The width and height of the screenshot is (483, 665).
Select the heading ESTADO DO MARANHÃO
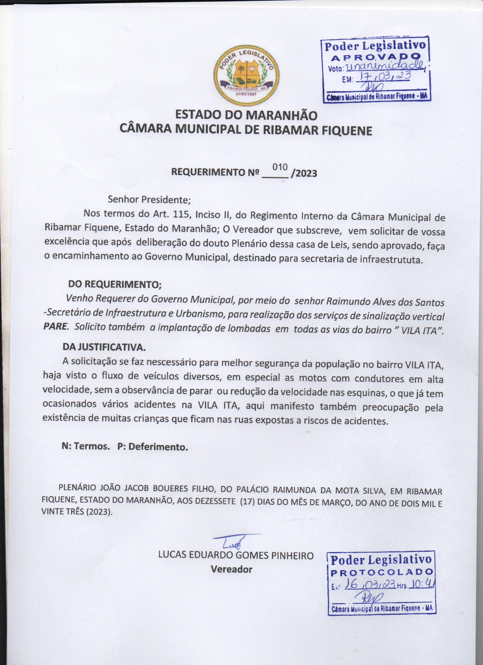[246, 115]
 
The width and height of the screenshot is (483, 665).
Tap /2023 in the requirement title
[304, 173]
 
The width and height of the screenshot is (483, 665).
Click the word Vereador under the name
[231, 569]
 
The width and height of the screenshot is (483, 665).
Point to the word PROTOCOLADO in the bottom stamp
[382, 572]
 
